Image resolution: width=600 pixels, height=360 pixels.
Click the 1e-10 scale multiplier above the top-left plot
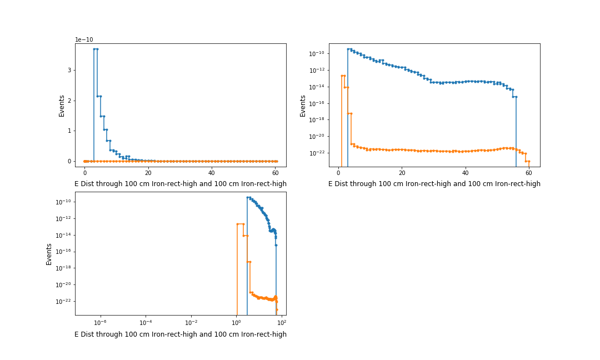85,39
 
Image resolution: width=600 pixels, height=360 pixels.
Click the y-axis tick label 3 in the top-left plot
70,70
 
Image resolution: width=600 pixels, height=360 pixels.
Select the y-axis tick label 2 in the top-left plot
70,101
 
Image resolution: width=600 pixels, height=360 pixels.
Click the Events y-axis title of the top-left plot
62,106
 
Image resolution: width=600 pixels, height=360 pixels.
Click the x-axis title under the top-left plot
181,184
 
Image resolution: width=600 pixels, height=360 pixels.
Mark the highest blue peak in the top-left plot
96,49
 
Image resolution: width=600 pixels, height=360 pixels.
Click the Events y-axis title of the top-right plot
303,106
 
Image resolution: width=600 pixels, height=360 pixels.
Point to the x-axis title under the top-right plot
434,184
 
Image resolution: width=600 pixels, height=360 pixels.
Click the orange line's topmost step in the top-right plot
343,76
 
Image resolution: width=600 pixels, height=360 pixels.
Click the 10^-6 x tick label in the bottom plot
100,322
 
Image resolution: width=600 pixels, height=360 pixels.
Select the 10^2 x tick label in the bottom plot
281,322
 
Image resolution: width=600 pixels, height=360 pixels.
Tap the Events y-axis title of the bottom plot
49,254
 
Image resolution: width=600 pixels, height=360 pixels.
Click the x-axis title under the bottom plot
181,334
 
